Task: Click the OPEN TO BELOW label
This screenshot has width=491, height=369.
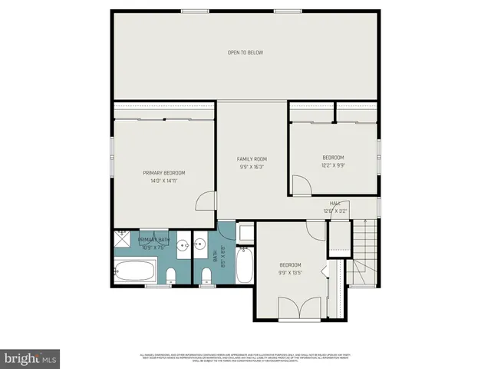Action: [245, 52]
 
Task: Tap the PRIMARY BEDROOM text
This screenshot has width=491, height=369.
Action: [164, 173]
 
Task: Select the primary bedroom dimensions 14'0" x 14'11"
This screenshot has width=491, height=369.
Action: [164, 181]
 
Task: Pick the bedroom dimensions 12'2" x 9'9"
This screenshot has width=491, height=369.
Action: [333, 165]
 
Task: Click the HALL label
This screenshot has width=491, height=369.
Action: [335, 204]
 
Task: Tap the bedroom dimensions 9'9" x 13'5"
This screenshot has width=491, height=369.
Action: [292, 271]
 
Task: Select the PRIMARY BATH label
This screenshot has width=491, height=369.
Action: [153, 241]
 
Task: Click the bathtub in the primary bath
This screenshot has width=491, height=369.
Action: [135, 271]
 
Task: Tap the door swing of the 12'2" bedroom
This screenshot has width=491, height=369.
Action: [301, 186]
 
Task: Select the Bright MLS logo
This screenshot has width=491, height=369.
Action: [31, 357]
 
